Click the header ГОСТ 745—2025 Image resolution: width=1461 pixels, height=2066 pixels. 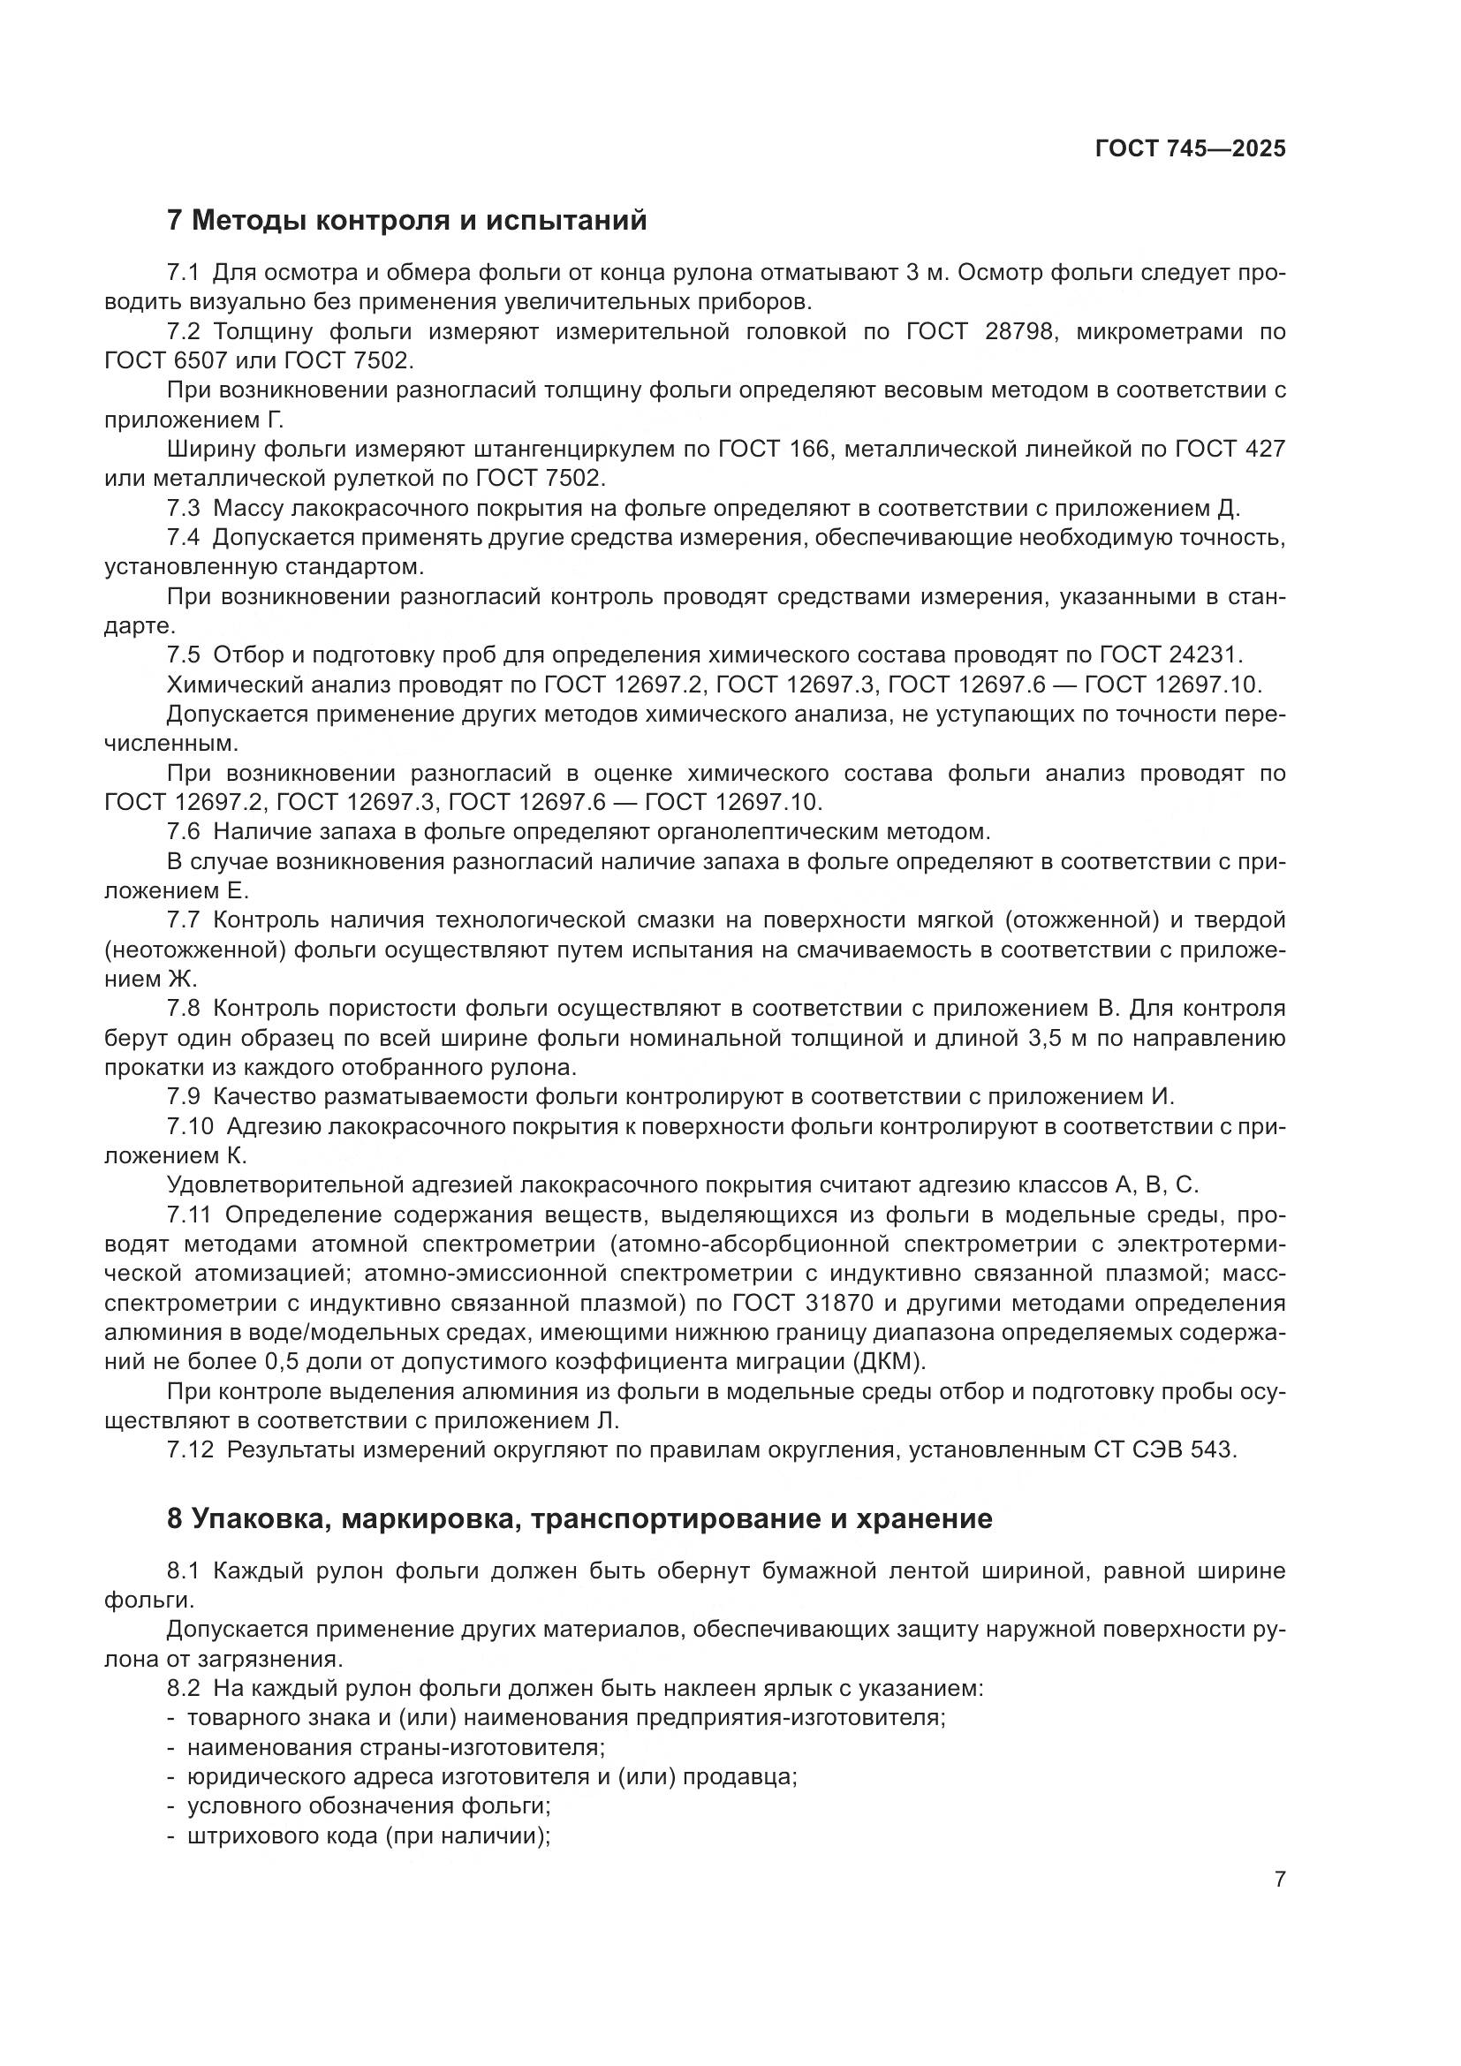(x=1190, y=148)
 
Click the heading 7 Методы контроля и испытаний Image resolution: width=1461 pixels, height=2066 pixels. (x=406, y=220)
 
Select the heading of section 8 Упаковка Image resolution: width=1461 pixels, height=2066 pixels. (x=579, y=1518)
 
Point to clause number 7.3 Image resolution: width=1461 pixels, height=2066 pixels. (x=184, y=509)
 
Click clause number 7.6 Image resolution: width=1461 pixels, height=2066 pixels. (x=184, y=830)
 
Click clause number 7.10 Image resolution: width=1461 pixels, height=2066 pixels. (x=190, y=1125)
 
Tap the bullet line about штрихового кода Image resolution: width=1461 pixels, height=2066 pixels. (x=368, y=1835)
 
